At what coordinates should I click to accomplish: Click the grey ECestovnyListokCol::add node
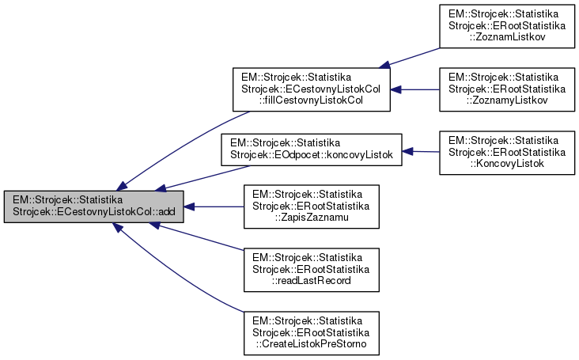coord(94,207)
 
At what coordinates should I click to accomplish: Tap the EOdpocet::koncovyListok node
coord(312,151)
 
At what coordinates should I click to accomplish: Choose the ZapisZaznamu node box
coord(312,207)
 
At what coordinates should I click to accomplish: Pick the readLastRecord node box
coord(312,270)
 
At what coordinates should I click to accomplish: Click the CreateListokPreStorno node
coord(312,332)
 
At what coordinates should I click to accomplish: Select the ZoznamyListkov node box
coord(507,90)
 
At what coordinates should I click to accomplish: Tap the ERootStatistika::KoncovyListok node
coord(507,151)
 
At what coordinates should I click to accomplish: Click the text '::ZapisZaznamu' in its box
coord(311,218)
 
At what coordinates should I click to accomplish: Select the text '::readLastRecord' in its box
coord(311,281)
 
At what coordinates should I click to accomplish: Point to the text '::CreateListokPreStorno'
coord(311,343)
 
